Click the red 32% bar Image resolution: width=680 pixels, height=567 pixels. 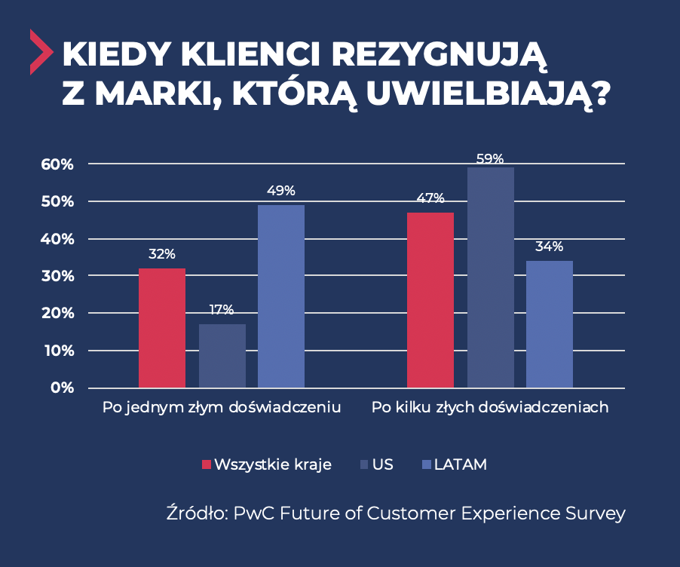click(161, 328)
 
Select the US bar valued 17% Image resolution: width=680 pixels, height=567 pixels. click(222, 356)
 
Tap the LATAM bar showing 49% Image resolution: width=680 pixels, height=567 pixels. click(280, 296)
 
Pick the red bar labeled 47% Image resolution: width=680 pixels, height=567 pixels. click(430, 300)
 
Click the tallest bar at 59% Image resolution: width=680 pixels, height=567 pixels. click(490, 277)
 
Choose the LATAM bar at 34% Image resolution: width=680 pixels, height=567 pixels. click(549, 324)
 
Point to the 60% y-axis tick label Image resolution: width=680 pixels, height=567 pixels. click(58, 164)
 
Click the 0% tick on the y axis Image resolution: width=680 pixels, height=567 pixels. click(62, 388)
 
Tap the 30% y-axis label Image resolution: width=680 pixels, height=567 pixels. click(58, 276)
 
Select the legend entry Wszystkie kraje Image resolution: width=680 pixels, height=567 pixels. click(272, 464)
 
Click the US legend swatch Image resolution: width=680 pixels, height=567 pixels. click(365, 464)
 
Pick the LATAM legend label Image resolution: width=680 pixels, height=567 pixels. click(460, 464)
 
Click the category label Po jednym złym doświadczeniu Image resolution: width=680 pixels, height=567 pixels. click(222, 407)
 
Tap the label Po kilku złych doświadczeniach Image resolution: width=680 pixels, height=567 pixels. click(490, 407)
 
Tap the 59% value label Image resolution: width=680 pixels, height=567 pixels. click(490, 159)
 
